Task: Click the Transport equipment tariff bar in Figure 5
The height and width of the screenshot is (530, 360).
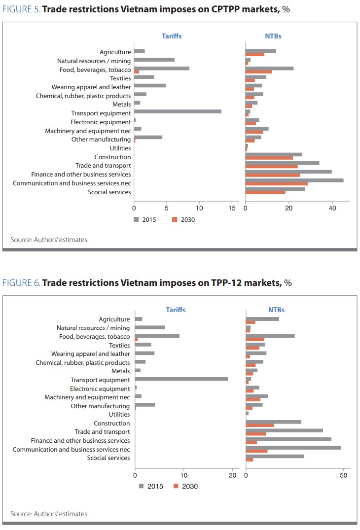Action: point(178,111)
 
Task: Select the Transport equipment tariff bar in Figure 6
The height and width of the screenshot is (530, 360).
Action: point(181,379)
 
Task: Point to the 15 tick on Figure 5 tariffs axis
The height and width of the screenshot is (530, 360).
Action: point(232,208)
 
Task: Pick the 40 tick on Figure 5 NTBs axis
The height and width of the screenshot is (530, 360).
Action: point(332,208)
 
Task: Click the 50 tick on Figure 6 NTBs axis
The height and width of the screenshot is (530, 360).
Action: point(344,475)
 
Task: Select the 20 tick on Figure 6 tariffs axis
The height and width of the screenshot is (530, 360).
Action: point(232,475)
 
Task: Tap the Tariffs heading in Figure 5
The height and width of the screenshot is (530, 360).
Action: point(172,36)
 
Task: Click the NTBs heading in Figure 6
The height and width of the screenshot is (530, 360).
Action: point(276,310)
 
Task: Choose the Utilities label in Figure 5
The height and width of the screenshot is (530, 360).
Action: point(120,148)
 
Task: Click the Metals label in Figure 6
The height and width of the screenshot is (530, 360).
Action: point(121,371)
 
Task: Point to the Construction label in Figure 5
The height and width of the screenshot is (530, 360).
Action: point(112,157)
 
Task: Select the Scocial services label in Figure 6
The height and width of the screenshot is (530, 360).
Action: point(108,458)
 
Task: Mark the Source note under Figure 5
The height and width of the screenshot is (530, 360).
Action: point(49,240)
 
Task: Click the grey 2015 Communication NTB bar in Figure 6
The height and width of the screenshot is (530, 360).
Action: point(293,448)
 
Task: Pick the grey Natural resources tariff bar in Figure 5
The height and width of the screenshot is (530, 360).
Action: point(154,60)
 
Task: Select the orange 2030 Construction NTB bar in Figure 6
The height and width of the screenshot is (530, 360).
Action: point(259,425)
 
